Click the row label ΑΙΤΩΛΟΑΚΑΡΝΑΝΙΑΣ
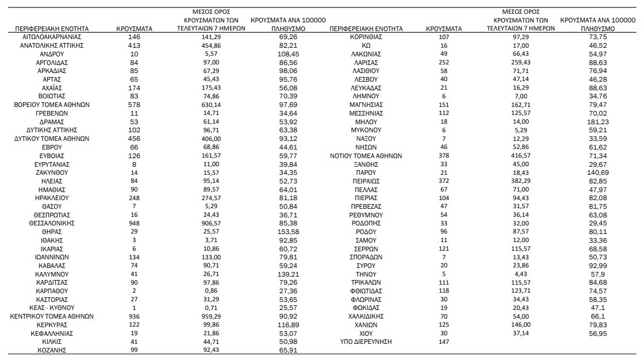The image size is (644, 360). [52, 36]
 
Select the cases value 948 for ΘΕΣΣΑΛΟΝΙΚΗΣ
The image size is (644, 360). [135, 223]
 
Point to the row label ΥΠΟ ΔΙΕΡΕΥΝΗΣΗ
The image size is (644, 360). [366, 342]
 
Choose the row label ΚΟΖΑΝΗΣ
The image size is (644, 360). [52, 350]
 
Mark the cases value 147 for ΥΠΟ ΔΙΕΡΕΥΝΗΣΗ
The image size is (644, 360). [443, 342]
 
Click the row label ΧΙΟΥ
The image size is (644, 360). [366, 334]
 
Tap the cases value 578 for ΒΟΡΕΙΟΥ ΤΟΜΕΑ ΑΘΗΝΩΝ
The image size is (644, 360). [135, 104]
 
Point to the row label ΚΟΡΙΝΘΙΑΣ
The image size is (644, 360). [366, 36]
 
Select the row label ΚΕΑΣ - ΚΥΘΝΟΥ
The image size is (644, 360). [52, 308]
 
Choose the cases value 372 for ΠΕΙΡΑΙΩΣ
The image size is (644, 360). [443, 181]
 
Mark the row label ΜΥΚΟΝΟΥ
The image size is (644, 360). [366, 130]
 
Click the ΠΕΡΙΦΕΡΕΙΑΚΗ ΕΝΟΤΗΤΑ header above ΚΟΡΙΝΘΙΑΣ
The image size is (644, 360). [366, 28]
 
